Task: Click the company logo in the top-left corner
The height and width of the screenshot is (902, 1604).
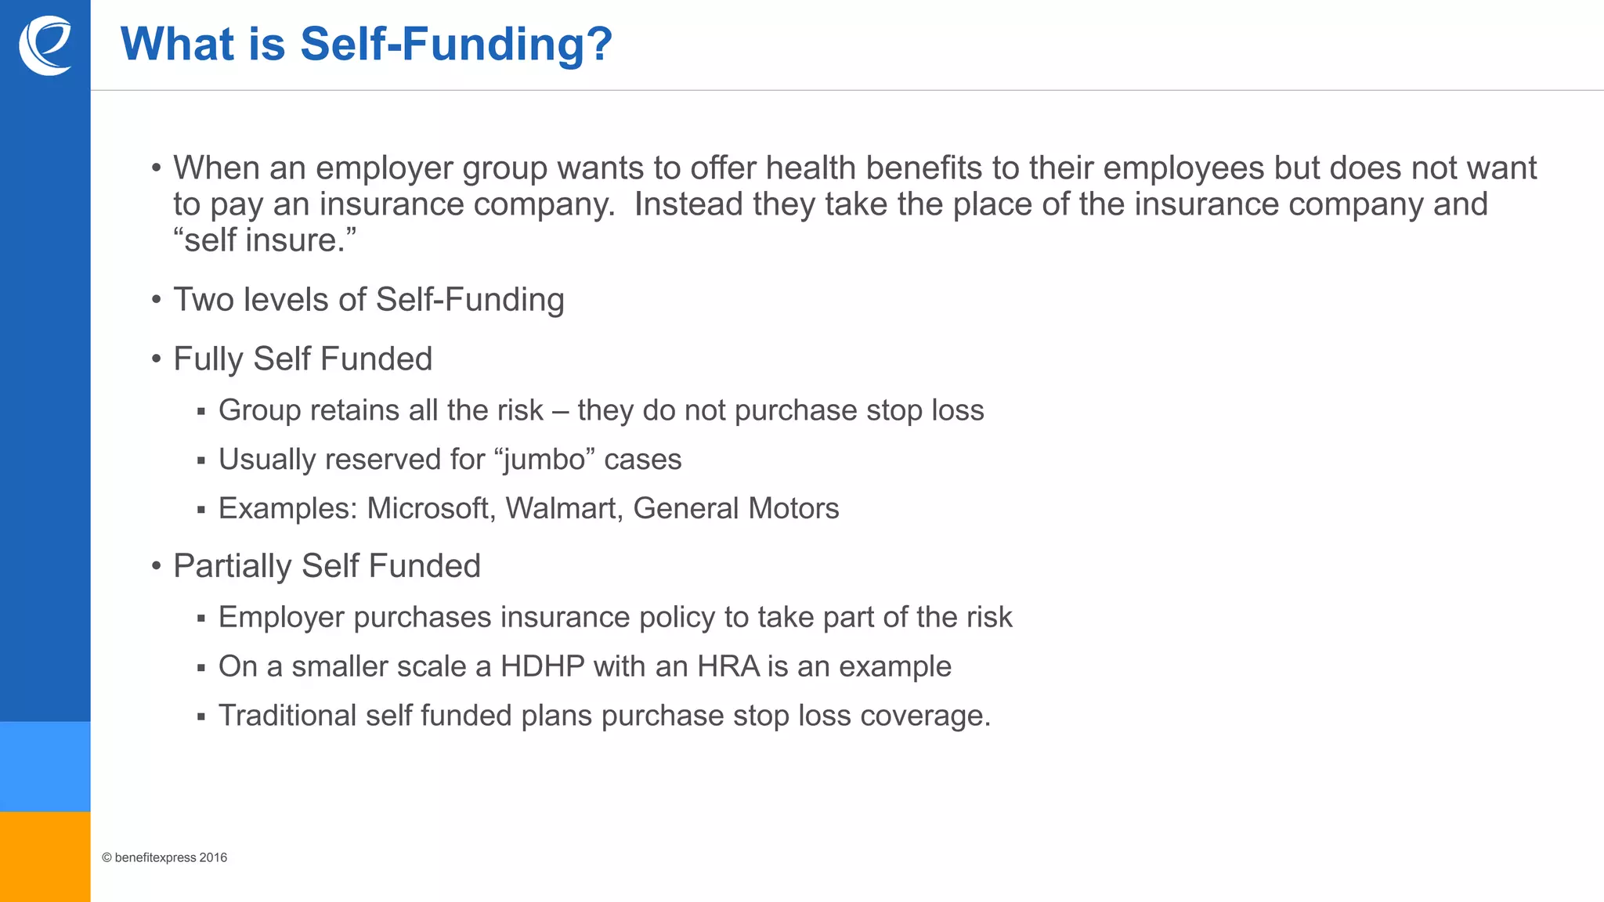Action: (45, 45)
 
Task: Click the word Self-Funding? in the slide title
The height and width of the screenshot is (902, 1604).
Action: (456, 45)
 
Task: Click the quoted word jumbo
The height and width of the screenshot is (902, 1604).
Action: (544, 460)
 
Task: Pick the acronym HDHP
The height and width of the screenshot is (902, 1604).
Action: (542, 667)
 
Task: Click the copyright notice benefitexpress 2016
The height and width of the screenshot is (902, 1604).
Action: (164, 858)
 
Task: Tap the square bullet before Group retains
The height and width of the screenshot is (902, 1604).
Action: (201, 412)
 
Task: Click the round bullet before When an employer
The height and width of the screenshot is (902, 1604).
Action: (157, 168)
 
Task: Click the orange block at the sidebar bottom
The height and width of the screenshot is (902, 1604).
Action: (45, 857)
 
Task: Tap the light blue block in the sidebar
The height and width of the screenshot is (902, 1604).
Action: (45, 767)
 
